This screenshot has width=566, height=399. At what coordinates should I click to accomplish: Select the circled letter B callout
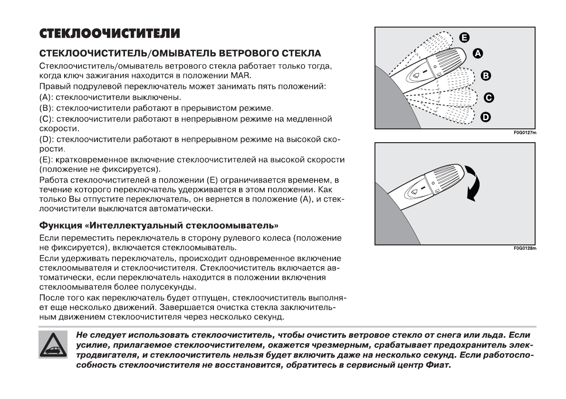coord(486,75)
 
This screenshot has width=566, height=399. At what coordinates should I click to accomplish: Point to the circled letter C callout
coord(488,98)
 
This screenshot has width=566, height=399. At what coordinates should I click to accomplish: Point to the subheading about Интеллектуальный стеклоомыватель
coord(159,225)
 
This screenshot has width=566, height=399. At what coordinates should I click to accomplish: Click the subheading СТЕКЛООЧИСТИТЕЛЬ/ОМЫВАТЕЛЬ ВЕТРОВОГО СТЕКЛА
coord(180,52)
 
